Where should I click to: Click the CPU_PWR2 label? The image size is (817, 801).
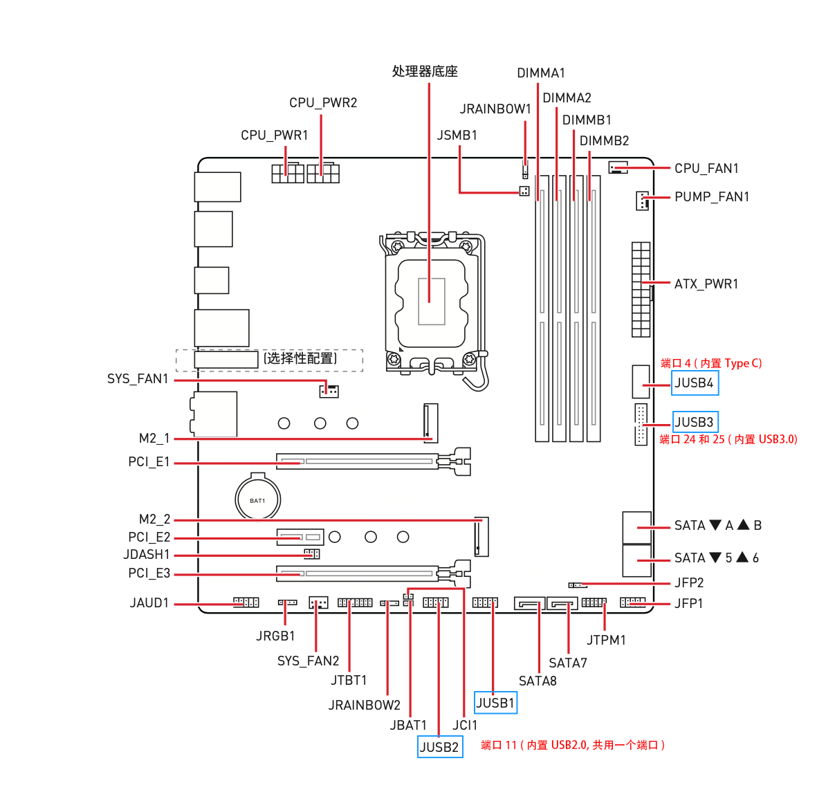pyautogui.click(x=323, y=103)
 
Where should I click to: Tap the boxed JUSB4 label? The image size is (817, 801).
pyautogui.click(x=695, y=383)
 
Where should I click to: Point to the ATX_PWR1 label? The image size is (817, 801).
pyautogui.click(x=706, y=284)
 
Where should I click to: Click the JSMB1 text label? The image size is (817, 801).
pyautogui.click(x=457, y=136)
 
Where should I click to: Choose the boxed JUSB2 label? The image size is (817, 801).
pyautogui.click(x=440, y=747)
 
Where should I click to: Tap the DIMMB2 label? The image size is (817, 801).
pyautogui.click(x=604, y=141)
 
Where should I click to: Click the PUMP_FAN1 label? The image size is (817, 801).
pyautogui.click(x=712, y=197)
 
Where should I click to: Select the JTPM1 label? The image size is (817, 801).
pyautogui.click(x=606, y=641)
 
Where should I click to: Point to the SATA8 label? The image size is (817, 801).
pyautogui.click(x=538, y=681)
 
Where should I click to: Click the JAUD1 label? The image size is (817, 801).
pyautogui.click(x=149, y=603)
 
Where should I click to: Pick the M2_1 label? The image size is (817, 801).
pyautogui.click(x=154, y=439)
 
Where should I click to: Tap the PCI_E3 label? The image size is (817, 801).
pyautogui.click(x=149, y=573)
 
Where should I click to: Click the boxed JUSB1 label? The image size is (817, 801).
pyautogui.click(x=495, y=703)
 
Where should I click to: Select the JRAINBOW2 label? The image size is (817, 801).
pyautogui.click(x=365, y=706)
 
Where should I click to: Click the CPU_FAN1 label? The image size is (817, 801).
pyautogui.click(x=706, y=169)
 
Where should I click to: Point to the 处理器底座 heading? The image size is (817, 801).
pyautogui.click(x=425, y=71)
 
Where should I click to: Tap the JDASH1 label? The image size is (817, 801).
pyautogui.click(x=147, y=555)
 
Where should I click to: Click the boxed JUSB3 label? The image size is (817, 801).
pyautogui.click(x=695, y=422)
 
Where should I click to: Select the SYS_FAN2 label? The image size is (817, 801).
pyautogui.click(x=309, y=661)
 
